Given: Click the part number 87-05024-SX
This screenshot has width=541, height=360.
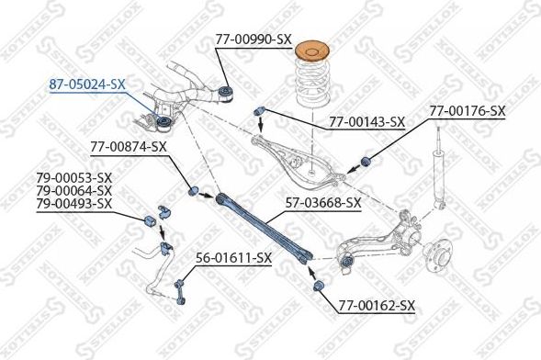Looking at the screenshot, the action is click(87, 84).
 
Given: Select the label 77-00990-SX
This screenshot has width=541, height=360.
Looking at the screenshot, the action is click(254, 39).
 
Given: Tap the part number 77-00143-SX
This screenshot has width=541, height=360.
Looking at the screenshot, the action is click(366, 121).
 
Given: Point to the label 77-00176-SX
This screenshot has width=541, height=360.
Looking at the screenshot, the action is click(468, 111).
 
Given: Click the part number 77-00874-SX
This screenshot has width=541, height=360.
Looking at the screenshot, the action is click(129, 146).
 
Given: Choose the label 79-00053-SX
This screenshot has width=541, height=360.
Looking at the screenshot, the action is click(74, 177).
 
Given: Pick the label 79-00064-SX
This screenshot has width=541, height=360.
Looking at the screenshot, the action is click(74, 190).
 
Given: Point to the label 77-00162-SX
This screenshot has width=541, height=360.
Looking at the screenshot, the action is click(378, 305).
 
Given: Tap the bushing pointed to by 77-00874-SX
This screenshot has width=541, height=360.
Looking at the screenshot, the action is click(195, 192).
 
